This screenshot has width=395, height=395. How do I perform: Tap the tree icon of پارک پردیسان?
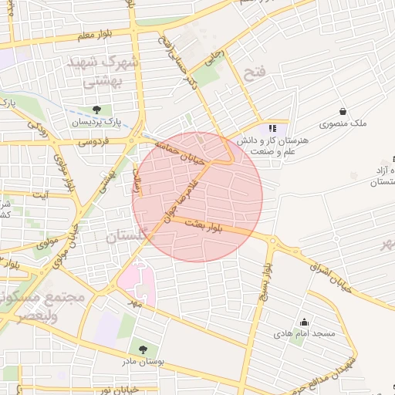click(x=96, y=110)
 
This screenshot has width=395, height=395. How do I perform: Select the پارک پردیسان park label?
click(x=96, y=123)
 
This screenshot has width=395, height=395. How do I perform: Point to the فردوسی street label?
click(x=91, y=141)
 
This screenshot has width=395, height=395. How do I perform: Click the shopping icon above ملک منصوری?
click(x=343, y=111)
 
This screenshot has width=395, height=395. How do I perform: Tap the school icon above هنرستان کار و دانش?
click(x=271, y=129)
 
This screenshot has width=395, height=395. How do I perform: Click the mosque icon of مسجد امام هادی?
click(x=304, y=322)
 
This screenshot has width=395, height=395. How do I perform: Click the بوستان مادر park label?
click(x=140, y=361)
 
